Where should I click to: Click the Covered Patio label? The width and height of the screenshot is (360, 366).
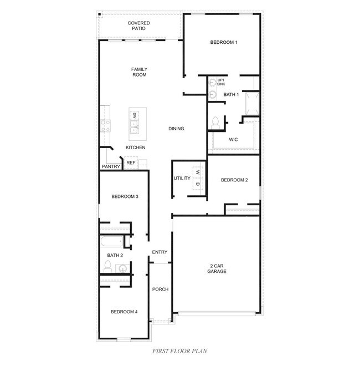[x=138, y=26]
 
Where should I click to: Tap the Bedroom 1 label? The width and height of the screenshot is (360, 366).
[x=224, y=42]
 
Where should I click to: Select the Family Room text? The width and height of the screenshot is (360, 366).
[x=139, y=72]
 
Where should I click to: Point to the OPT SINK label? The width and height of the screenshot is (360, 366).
[x=221, y=82]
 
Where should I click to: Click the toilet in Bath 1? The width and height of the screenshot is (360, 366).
[x=215, y=123]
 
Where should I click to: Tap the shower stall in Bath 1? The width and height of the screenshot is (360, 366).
[x=252, y=104]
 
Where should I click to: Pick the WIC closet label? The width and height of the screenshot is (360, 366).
[x=233, y=140]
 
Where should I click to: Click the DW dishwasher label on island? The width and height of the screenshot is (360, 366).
[x=134, y=115]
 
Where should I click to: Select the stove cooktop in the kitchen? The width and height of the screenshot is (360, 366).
[x=105, y=126]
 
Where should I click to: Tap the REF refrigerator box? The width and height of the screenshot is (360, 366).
[x=131, y=162]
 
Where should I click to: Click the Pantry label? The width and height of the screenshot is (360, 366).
[x=111, y=166]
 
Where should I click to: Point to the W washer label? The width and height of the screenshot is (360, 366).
[x=198, y=172]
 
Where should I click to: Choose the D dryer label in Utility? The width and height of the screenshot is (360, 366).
[x=198, y=184]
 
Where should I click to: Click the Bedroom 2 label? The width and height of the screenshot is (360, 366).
[x=234, y=180]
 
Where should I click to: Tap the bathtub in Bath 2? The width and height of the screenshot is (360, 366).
[x=112, y=241]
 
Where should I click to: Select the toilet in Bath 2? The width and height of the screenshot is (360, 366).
[x=107, y=266]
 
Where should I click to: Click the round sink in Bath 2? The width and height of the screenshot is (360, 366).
[x=122, y=268]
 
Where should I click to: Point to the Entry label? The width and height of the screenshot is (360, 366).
[x=160, y=252]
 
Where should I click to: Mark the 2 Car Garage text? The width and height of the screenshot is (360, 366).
[x=217, y=268]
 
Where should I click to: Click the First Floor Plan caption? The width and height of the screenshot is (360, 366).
[x=180, y=351]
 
